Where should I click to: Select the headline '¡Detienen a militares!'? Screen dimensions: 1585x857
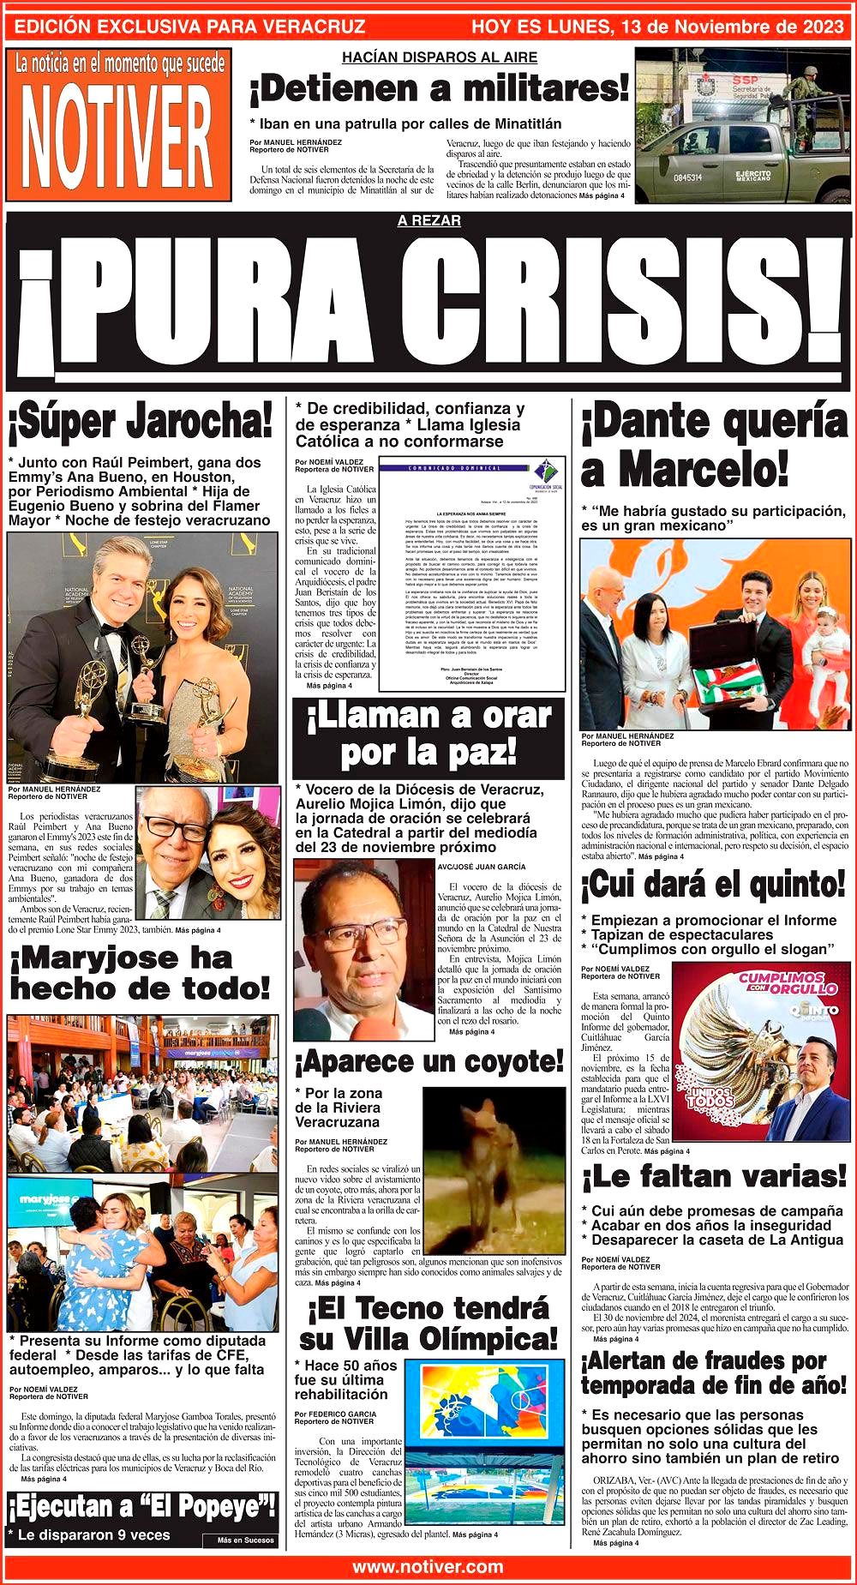click(x=439, y=88)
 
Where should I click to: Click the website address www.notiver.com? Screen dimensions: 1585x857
click(x=428, y=1566)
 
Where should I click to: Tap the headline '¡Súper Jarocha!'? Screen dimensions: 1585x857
click(x=140, y=422)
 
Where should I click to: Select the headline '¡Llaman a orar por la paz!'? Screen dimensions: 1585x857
click(x=428, y=735)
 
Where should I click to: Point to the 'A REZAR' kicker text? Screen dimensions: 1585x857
click(x=428, y=221)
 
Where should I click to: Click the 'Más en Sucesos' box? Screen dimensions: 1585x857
click(x=245, y=1540)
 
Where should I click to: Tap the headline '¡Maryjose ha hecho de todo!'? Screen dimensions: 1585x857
click(x=140, y=973)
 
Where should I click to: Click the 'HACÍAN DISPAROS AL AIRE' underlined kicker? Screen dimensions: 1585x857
click(x=439, y=57)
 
